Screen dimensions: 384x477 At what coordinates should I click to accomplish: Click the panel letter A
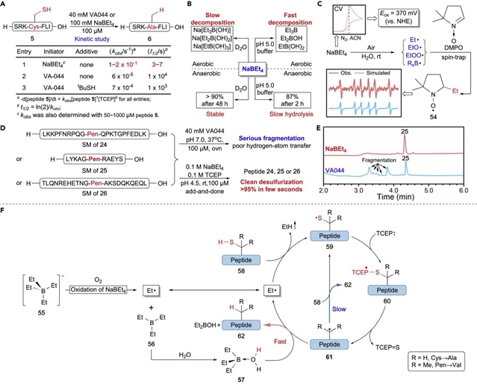click(x=5, y=6)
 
